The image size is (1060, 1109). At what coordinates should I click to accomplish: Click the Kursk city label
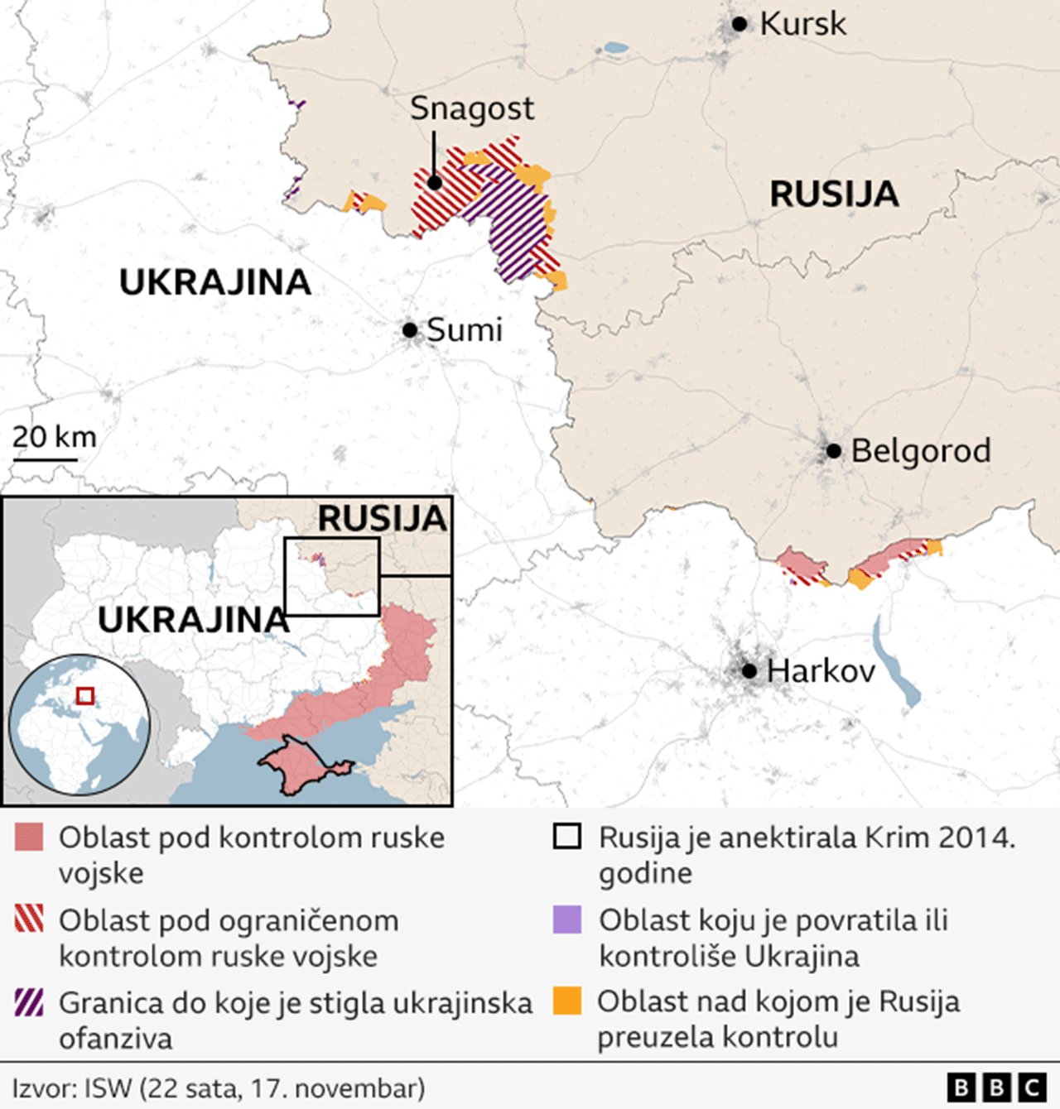click(x=802, y=24)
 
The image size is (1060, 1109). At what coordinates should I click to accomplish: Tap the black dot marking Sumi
click(x=409, y=330)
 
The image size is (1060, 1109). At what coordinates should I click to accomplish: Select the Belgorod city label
click(x=920, y=451)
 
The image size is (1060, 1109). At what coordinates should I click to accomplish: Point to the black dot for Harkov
click(x=749, y=670)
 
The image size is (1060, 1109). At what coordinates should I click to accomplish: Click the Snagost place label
click(x=472, y=108)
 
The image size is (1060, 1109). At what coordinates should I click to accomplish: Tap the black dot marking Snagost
click(x=434, y=182)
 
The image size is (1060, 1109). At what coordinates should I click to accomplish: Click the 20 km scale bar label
click(x=55, y=437)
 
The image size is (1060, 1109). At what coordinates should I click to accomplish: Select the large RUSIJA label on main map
click(x=834, y=194)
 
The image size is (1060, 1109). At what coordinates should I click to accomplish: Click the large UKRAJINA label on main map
click(x=215, y=283)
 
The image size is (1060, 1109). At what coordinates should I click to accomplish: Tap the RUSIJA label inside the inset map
click(x=383, y=519)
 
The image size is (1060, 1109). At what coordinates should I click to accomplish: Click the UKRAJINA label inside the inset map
click(x=193, y=620)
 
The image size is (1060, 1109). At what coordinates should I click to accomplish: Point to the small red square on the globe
click(x=84, y=695)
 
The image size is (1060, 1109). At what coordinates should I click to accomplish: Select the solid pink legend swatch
click(x=29, y=838)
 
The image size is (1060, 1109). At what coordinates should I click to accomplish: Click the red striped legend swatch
click(x=29, y=919)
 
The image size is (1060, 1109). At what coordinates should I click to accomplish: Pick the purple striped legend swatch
click(x=29, y=1002)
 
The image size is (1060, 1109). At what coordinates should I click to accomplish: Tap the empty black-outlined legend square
click(x=567, y=837)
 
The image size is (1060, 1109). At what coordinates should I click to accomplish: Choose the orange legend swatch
click(x=567, y=1001)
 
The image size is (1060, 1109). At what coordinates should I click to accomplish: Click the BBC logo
click(x=996, y=1087)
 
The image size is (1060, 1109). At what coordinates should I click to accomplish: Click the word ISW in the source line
click(x=108, y=1087)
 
